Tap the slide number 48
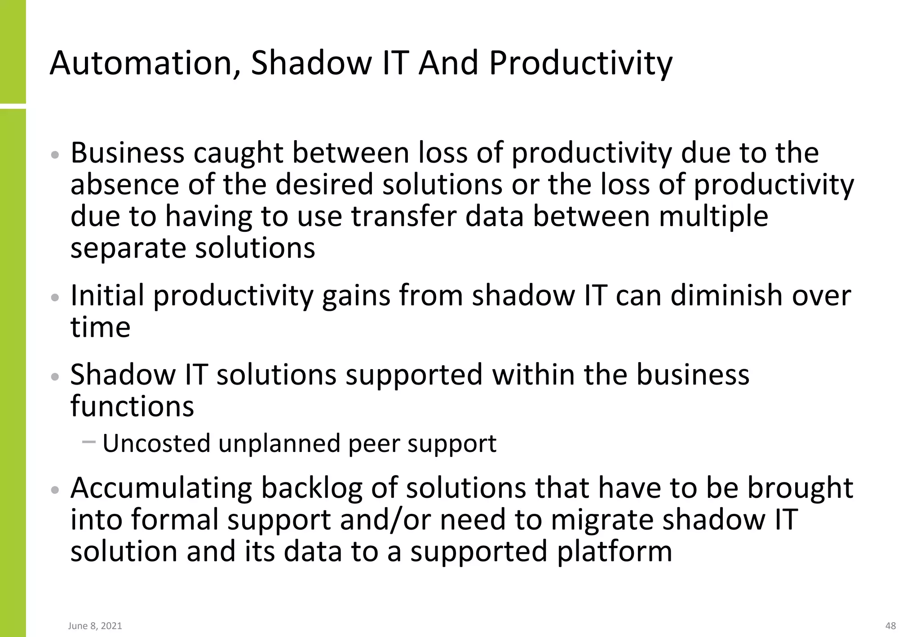click(x=890, y=626)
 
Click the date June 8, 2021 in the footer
click(x=95, y=626)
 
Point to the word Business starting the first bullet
click(x=127, y=153)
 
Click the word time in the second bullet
click(x=100, y=327)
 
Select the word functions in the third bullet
click(x=132, y=407)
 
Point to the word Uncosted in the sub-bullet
click(x=156, y=443)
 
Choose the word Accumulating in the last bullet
click(x=161, y=488)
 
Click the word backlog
click(x=312, y=488)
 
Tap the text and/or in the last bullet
click(x=385, y=520)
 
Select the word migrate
click(x=602, y=520)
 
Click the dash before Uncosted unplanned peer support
click(x=89, y=442)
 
